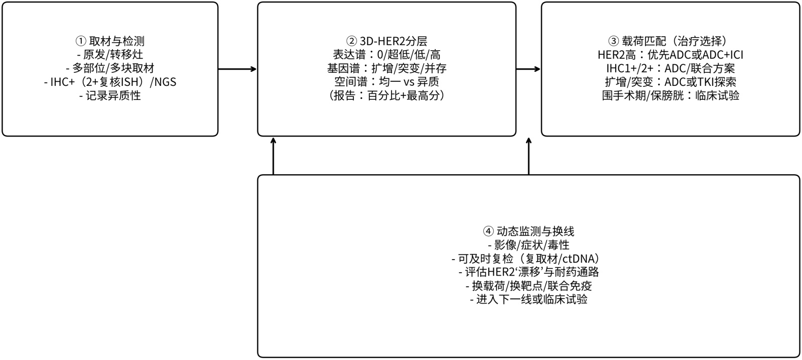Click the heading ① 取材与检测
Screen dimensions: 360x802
(x=110, y=41)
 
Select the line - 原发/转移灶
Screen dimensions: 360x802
(x=110, y=55)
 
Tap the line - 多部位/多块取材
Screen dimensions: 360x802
(x=110, y=68)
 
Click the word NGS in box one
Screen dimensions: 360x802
(x=165, y=82)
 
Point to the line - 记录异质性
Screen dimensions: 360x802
(x=110, y=95)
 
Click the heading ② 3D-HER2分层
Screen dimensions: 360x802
(x=386, y=41)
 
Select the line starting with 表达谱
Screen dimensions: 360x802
(x=386, y=55)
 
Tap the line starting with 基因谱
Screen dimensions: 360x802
(x=386, y=68)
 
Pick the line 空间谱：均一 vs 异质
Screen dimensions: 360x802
(x=386, y=82)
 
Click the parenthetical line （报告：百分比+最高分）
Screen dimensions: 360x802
(x=386, y=95)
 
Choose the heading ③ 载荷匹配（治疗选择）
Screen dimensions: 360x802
(x=670, y=41)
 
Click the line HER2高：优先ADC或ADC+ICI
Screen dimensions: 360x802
(x=670, y=55)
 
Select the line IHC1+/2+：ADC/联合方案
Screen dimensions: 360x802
(x=670, y=68)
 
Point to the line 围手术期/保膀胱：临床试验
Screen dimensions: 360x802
(x=670, y=95)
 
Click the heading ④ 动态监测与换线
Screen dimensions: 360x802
(x=528, y=231)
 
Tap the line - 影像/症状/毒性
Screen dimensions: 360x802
(x=528, y=245)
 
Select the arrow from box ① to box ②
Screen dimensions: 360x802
(x=237, y=69)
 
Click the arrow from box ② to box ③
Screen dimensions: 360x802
(x=528, y=69)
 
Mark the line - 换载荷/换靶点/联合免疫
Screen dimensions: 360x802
(x=528, y=286)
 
